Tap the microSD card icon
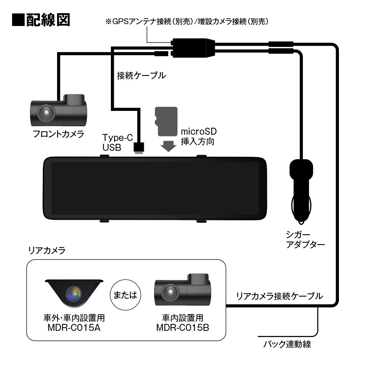point(166,121)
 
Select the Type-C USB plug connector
point(139,147)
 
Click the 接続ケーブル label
point(141,76)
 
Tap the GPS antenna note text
point(187,22)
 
